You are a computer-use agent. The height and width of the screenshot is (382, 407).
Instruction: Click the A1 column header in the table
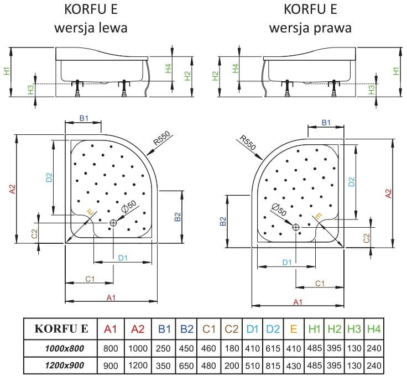111,329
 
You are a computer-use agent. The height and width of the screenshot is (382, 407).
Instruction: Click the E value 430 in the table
294,365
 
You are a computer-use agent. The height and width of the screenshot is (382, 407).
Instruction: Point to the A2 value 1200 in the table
138,365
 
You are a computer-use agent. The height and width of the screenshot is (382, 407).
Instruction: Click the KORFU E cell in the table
61,329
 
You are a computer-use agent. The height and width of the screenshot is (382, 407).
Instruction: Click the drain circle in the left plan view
113,222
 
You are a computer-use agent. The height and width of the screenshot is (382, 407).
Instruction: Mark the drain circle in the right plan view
295,227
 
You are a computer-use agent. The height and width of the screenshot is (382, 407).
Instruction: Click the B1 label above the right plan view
326,123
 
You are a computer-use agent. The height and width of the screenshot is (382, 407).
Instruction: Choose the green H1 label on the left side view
6,71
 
